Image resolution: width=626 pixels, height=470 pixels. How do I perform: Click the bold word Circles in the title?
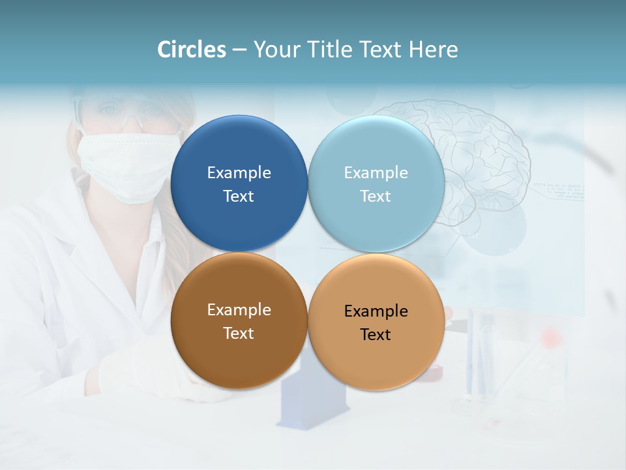click(192, 50)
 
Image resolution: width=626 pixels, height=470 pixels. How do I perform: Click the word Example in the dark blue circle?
click(239, 173)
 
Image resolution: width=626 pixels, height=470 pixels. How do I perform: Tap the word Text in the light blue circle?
click(376, 196)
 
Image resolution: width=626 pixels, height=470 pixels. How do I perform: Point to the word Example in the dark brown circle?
click(239, 310)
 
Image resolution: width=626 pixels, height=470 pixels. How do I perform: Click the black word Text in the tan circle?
click(376, 335)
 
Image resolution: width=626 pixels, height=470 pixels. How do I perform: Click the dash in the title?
click(239, 50)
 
